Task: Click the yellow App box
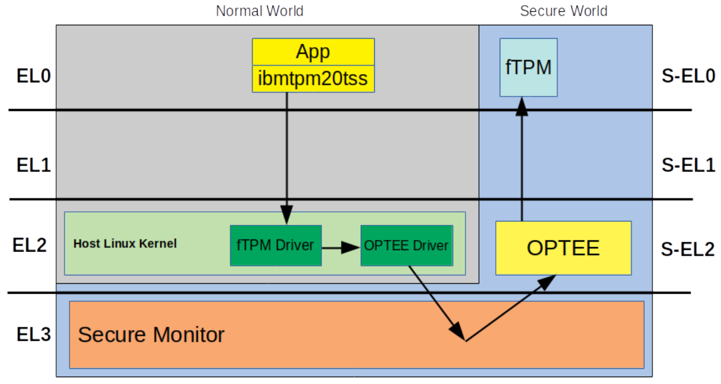[x=313, y=52]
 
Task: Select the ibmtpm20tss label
[x=313, y=79]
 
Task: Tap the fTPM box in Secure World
[x=528, y=67]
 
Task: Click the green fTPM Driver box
[x=276, y=246]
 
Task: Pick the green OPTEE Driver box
[x=406, y=246]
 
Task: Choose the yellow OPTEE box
[x=563, y=248]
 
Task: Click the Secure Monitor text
[x=151, y=335]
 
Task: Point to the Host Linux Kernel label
[x=125, y=244]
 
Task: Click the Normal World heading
[x=259, y=11]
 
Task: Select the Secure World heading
[x=564, y=11]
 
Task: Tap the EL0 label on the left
[x=34, y=75]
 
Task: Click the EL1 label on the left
[x=34, y=165]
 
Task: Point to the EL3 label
[x=34, y=335]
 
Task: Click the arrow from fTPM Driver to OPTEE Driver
[x=341, y=247]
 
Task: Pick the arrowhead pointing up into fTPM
[x=522, y=106]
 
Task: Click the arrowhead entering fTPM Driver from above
[x=286, y=215]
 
